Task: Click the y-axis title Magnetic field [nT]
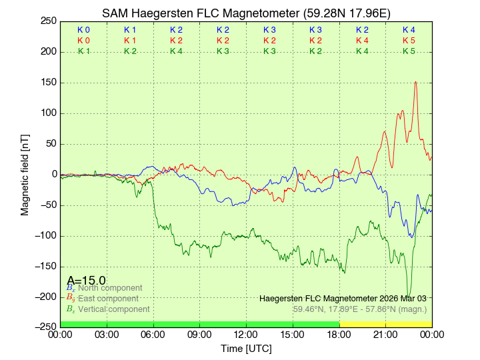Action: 25,174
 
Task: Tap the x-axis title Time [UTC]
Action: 246,349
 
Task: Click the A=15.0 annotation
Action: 86,280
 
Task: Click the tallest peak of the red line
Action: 416,82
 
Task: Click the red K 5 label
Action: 409,41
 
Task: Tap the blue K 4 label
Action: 409,30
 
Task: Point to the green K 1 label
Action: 84,51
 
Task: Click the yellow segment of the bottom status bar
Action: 385,325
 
